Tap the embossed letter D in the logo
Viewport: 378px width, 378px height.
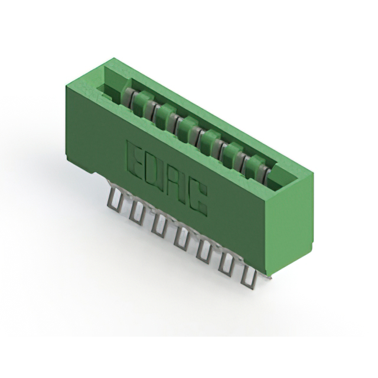tap(154, 170)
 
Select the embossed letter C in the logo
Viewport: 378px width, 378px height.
tap(198, 198)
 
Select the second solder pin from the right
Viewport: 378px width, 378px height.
tap(226, 265)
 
